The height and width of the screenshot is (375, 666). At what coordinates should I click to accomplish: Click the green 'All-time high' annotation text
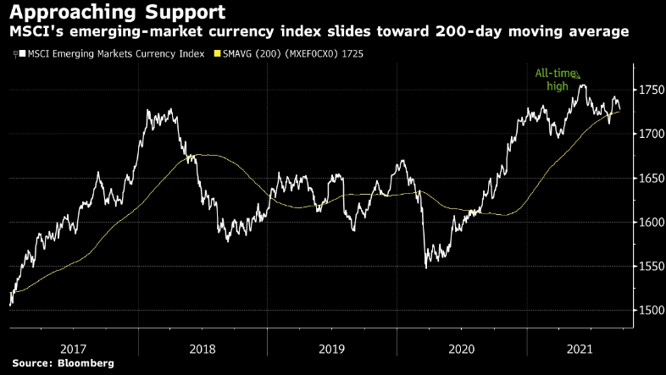pyautogui.click(x=552, y=80)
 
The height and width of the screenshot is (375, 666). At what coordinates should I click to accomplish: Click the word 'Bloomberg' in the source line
pyautogui.click(x=86, y=363)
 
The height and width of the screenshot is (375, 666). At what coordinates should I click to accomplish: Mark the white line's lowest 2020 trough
pyautogui.click(x=426, y=267)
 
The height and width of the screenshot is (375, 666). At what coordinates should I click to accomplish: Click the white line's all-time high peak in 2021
pyautogui.click(x=582, y=85)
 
